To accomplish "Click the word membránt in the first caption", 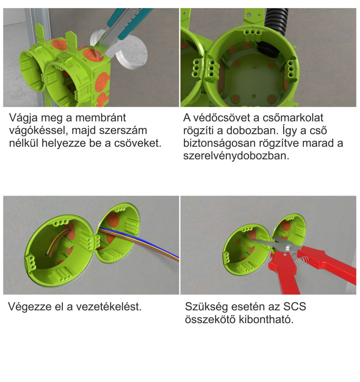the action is [x=101, y=118].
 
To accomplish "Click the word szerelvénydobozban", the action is [x=236, y=156].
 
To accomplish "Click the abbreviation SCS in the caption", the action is [x=294, y=307].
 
